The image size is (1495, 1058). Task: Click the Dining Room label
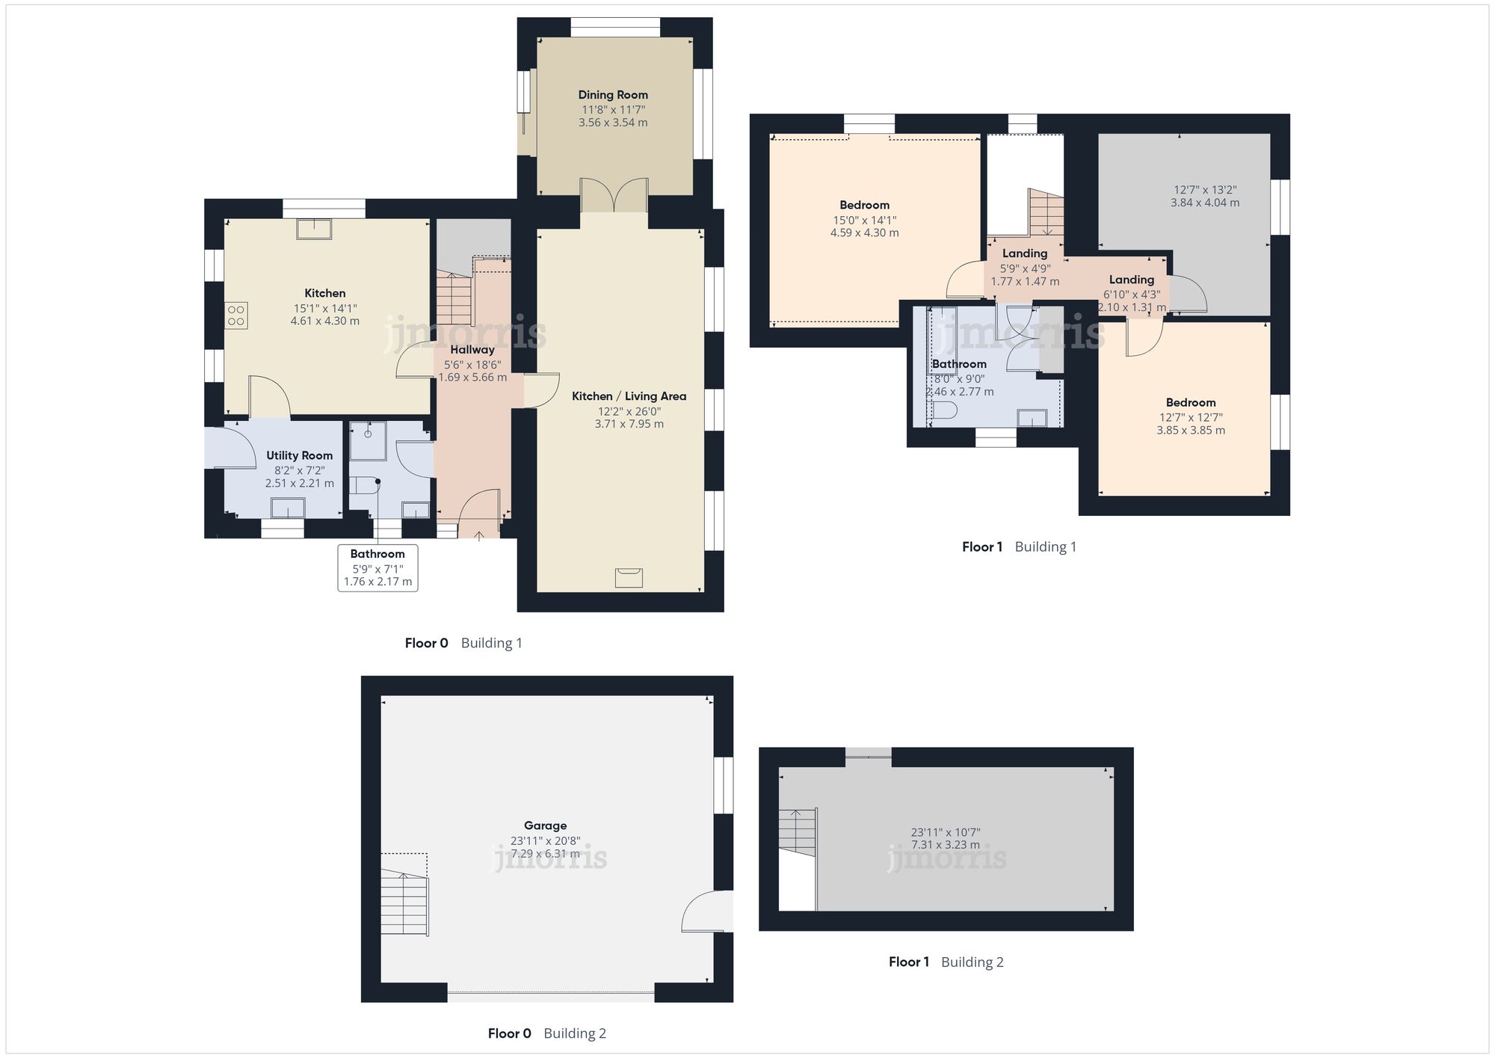(x=613, y=95)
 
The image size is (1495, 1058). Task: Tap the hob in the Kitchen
(x=236, y=315)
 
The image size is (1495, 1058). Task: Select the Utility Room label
(x=300, y=455)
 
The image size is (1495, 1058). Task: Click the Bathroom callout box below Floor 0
(x=377, y=568)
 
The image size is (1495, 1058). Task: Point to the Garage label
(x=545, y=825)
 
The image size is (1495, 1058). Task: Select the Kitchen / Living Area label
(x=629, y=396)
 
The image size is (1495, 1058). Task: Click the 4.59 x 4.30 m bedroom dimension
(x=865, y=233)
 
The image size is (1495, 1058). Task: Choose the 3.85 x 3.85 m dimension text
(x=1191, y=430)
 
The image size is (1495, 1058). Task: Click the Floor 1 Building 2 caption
(x=946, y=962)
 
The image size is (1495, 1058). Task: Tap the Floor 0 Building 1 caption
(x=463, y=643)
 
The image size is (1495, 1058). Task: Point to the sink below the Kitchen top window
(x=314, y=229)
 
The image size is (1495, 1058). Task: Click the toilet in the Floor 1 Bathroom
(x=945, y=410)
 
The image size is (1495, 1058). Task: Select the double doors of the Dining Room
(x=614, y=195)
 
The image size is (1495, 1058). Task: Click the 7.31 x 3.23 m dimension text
(x=946, y=845)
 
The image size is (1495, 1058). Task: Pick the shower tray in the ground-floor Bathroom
(x=368, y=441)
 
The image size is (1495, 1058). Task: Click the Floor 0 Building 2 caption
(x=547, y=1033)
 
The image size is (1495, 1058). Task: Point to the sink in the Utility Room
(x=288, y=508)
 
